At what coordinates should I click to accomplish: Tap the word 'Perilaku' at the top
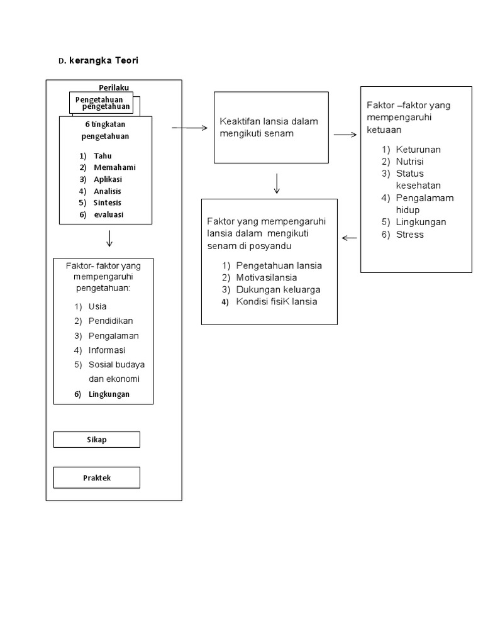pos(114,87)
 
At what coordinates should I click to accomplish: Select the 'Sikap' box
pos(96,440)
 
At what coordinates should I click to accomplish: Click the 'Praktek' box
pos(96,478)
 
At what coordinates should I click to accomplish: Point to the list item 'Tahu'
pos(103,155)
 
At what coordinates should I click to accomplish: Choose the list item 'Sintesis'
pos(107,203)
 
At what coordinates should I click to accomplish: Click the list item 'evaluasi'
pos(108,214)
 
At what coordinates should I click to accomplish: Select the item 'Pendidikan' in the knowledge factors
pos(111,321)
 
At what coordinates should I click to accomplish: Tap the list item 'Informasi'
pos(107,350)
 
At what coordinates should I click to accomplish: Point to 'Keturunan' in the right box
pos(418,150)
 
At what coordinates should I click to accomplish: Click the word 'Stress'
pos(410,235)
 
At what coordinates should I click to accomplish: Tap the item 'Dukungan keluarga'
pos(278,290)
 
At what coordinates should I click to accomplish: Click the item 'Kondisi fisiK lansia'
pos(277,302)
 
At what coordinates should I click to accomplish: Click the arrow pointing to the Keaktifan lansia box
pos(189,128)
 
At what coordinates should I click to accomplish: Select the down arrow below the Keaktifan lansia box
pos(277,184)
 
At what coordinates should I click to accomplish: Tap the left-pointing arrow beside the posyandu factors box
pos(350,238)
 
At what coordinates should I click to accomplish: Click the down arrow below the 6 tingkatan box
pos(110,238)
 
